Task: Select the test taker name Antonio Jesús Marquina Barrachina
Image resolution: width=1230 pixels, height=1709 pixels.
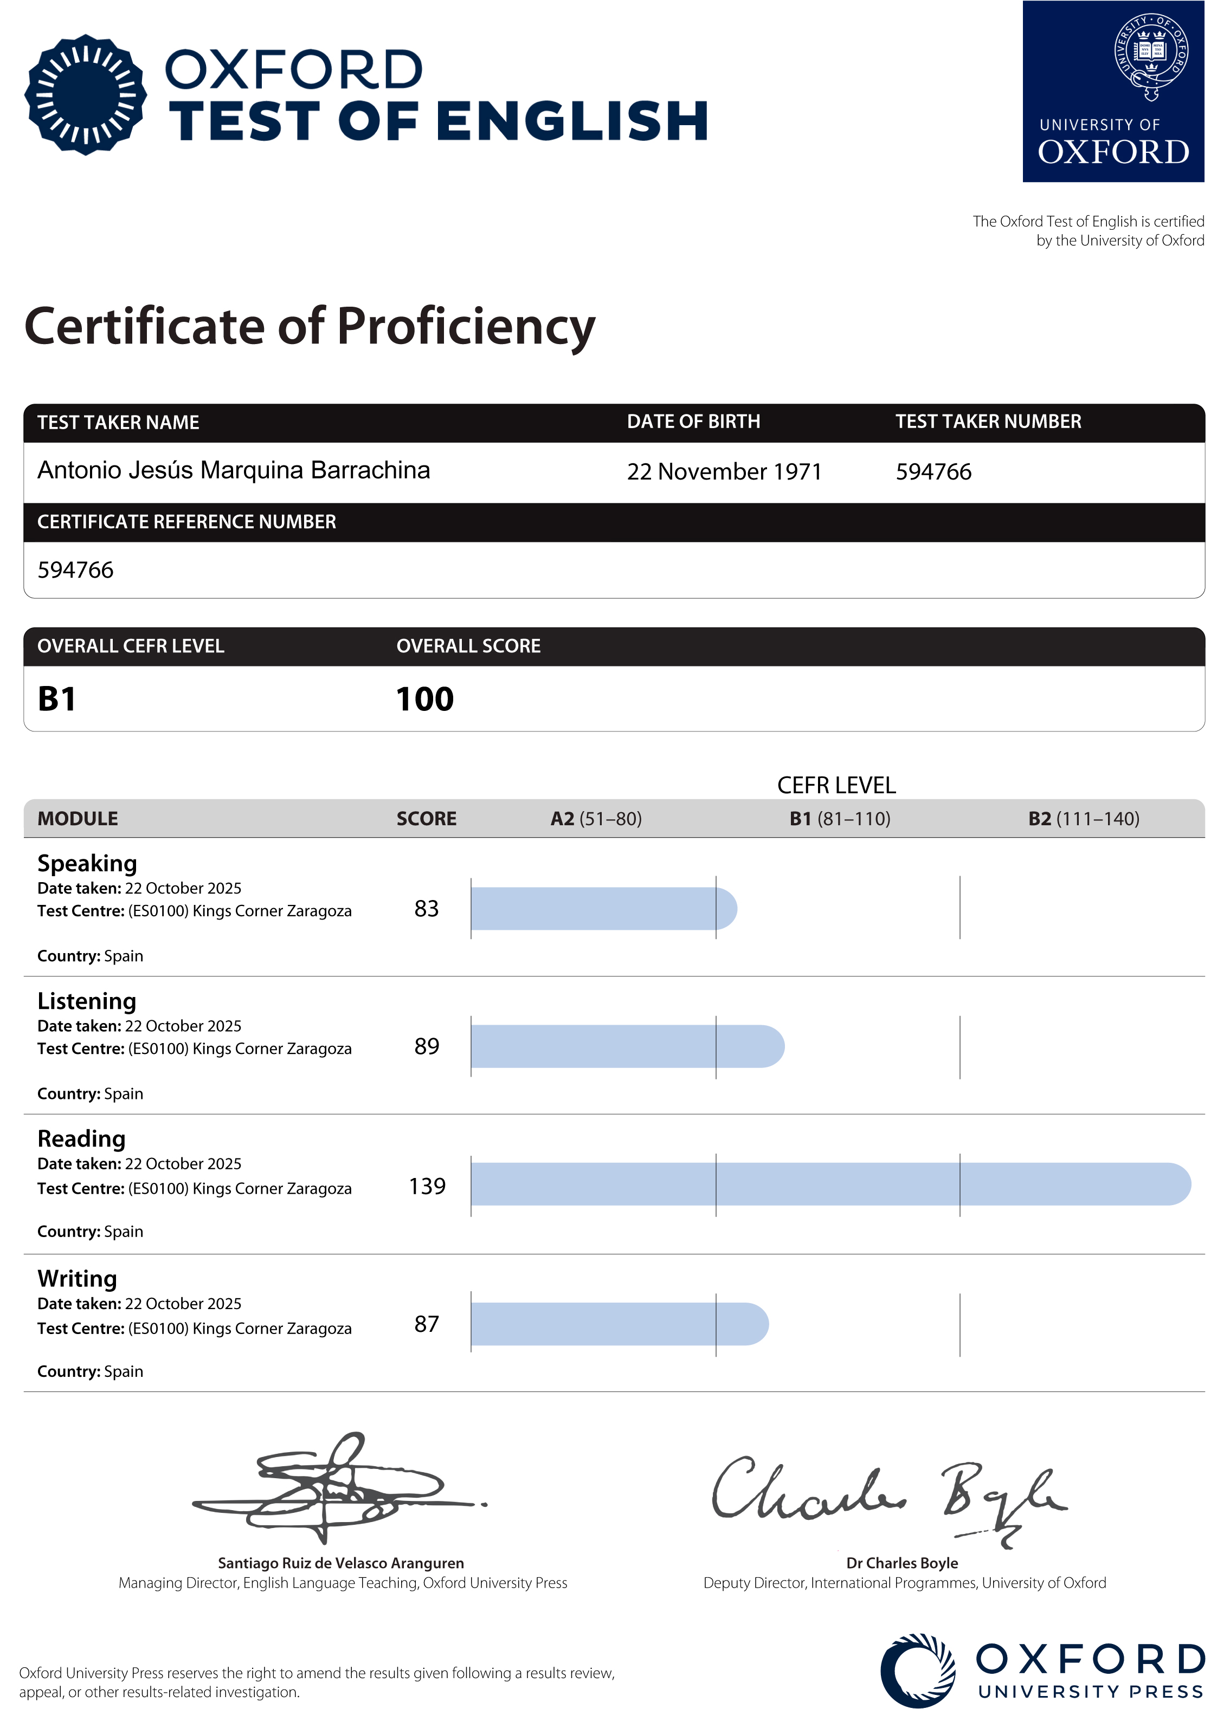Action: point(234,470)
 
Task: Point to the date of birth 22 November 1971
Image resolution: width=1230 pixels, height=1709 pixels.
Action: point(724,472)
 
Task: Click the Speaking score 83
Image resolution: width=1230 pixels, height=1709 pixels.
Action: point(427,909)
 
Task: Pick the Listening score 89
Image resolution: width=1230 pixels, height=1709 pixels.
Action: point(427,1047)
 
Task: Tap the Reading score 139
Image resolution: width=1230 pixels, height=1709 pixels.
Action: point(427,1186)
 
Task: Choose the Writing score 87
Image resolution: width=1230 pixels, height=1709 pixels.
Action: point(427,1324)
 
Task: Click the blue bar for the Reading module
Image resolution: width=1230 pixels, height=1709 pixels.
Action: point(829,1184)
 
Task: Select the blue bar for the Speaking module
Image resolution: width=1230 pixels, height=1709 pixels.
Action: point(603,909)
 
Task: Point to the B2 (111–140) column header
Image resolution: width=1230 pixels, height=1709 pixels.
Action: point(1083,819)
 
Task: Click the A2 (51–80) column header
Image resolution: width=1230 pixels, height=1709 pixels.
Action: point(596,819)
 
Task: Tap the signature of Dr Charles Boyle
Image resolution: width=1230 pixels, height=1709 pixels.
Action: point(890,1496)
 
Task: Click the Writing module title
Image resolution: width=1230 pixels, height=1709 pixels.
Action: point(78,1279)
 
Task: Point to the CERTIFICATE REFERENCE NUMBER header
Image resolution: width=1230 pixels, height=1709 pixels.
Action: point(187,522)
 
